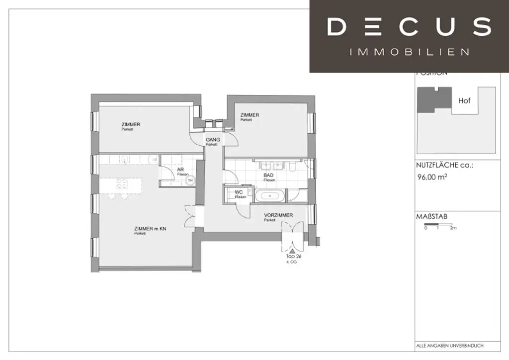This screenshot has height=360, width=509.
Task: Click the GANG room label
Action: click(x=213, y=140)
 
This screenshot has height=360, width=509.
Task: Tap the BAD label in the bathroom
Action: click(x=269, y=176)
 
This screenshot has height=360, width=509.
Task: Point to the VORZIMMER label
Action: click(x=278, y=215)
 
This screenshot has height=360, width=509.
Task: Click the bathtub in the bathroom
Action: click(x=270, y=195)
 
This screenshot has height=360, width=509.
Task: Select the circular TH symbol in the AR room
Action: click(x=189, y=181)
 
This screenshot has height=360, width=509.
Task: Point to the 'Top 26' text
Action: click(x=294, y=257)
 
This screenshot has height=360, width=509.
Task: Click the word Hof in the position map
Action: click(x=464, y=100)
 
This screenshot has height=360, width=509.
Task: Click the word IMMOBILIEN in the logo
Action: click(x=409, y=52)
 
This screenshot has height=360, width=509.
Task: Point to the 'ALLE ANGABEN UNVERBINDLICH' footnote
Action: click(x=449, y=346)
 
